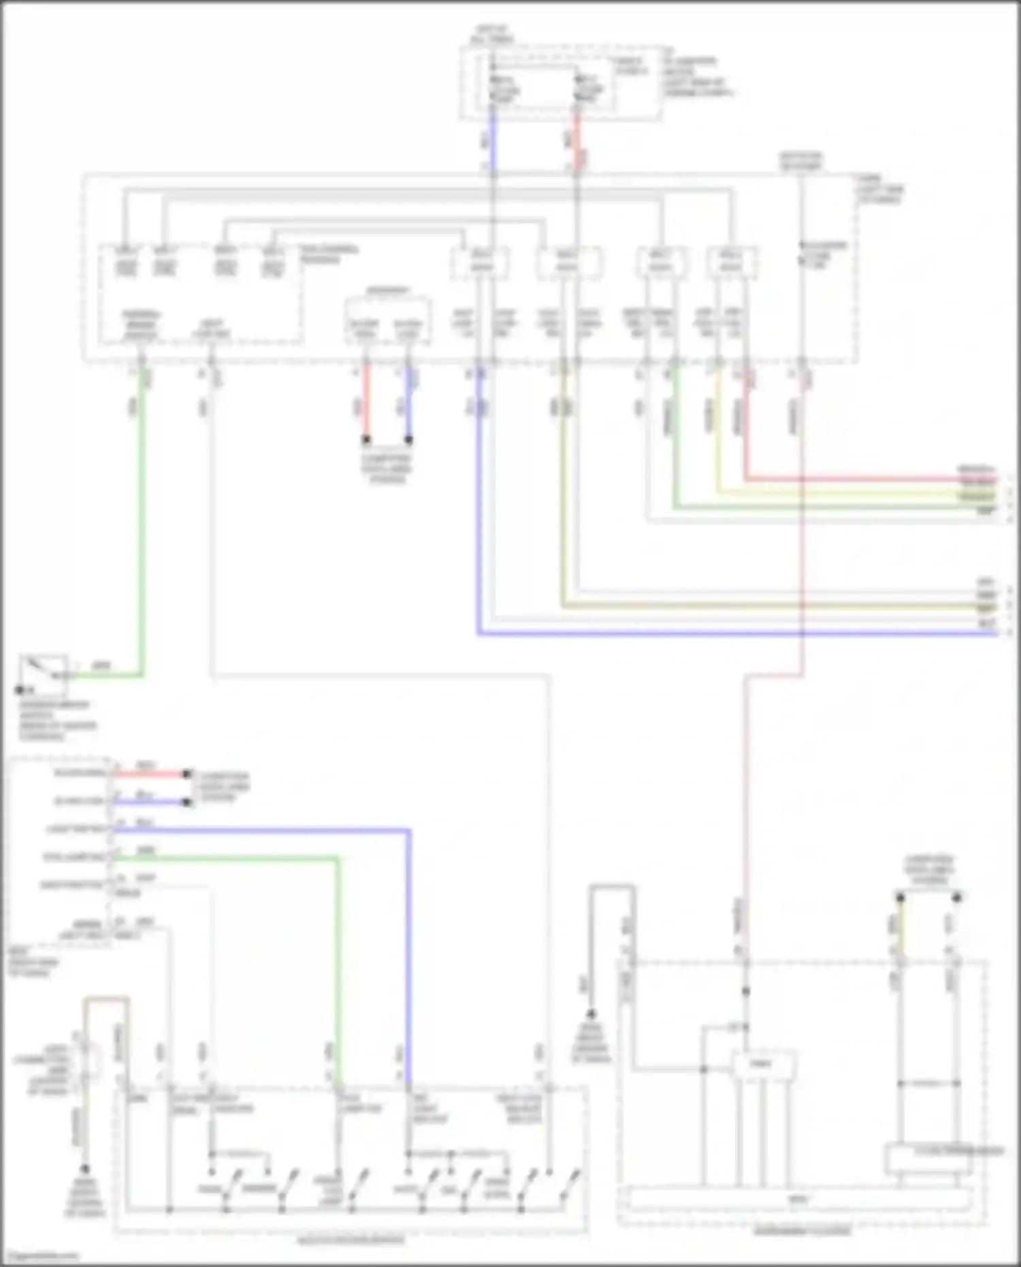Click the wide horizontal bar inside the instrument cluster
click(x=800, y=1198)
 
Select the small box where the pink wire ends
click(x=762, y=1063)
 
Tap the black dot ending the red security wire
click(x=186, y=774)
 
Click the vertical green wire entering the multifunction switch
click(x=338, y=967)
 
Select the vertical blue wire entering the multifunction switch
click(x=409, y=953)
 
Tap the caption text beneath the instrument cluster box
click(x=802, y=1231)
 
